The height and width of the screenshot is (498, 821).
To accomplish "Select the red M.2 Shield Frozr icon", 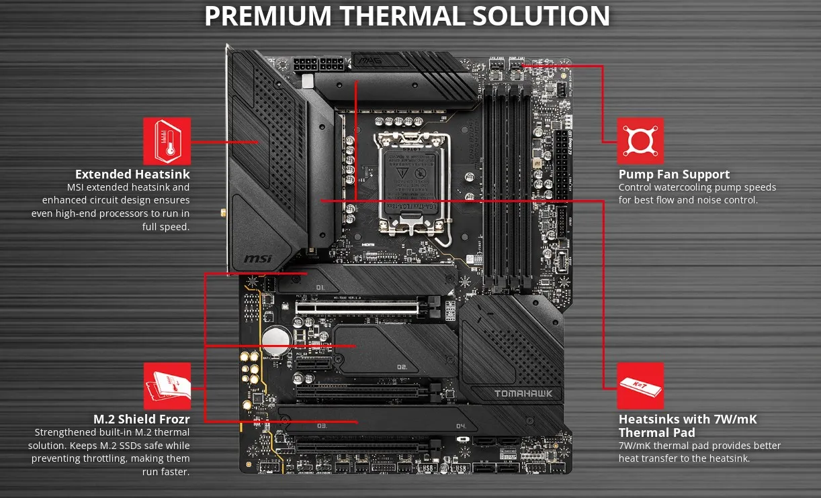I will [167, 386].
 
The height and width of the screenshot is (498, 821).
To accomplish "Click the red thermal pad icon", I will [640, 386].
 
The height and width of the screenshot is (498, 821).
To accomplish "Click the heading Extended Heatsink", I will [132, 175].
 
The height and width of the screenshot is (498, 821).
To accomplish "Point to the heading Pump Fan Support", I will [674, 175].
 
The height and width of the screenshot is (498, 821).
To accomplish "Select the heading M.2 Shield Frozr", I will [141, 419].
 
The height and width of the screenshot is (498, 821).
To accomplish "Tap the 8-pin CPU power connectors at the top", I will [318, 66].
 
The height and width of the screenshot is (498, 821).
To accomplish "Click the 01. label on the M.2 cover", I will [320, 288].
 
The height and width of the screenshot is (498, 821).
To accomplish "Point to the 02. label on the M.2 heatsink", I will [402, 367].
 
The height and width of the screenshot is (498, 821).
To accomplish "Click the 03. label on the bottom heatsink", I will [322, 426].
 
